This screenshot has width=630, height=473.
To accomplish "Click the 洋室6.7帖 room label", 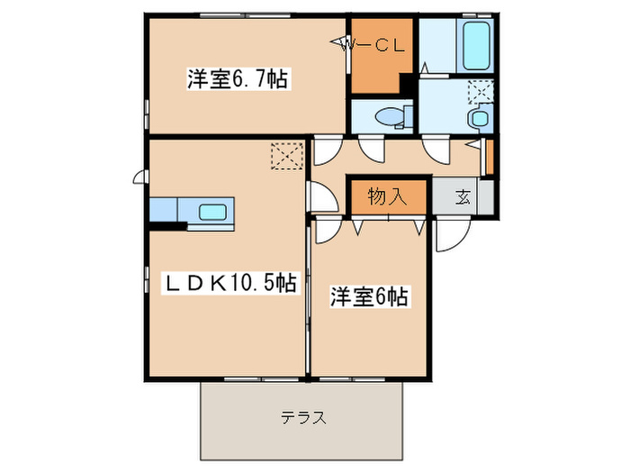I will point(237,78).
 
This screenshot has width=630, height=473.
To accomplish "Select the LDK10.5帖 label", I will point(229,282).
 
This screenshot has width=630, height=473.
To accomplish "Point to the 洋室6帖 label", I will point(369,296).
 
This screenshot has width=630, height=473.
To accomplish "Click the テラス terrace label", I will point(301,417).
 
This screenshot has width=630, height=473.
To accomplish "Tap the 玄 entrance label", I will point(463,197).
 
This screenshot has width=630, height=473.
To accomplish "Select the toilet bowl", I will point(391,116).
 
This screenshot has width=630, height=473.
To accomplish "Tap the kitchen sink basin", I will point(213,213).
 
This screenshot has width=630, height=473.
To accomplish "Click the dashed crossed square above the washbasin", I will point(481,92).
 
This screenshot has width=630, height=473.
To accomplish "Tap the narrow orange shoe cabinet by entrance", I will point(490,157).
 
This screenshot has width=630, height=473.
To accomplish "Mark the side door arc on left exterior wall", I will point(140,177).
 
